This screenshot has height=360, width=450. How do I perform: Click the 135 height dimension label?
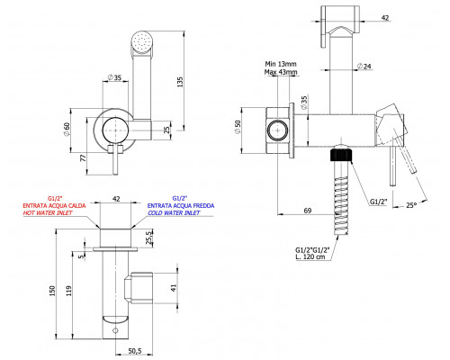tap(180, 82)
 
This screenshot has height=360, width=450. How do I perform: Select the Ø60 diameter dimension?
tap(67, 129)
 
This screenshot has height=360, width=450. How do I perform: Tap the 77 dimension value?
tap(83, 157)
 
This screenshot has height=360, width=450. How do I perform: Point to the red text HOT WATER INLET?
tap(48, 213)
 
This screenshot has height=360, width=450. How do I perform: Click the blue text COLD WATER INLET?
tap(174, 213)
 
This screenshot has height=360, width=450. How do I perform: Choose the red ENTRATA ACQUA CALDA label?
tap(54, 206)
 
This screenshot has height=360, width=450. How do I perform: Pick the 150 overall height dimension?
tap(52, 291)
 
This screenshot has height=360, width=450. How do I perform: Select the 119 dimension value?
tap(69, 291)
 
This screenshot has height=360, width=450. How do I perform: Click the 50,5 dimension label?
tap(135, 350)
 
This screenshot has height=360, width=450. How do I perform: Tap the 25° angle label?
tap(411, 205)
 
